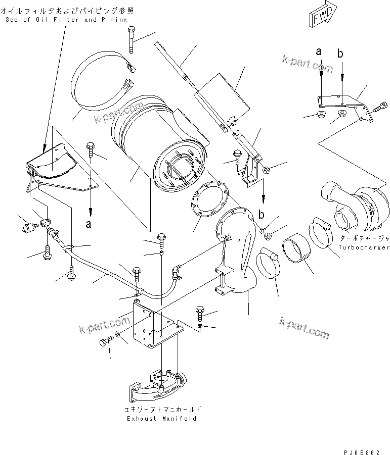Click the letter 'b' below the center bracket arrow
262,214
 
